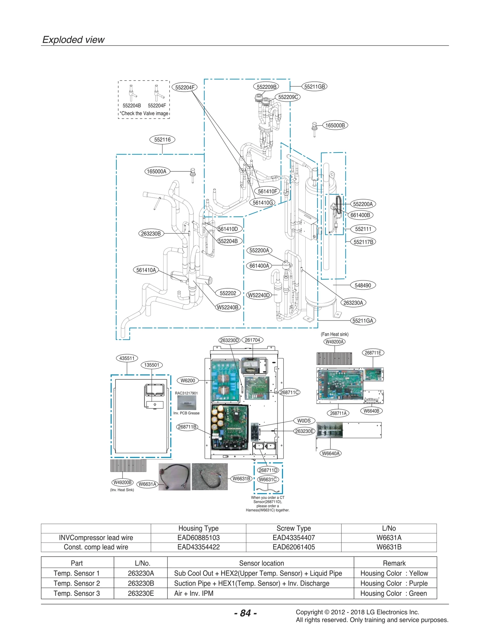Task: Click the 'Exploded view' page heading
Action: [x=73, y=40]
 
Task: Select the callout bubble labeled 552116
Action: [x=162, y=140]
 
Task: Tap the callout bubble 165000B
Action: [x=335, y=125]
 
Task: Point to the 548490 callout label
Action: [x=363, y=285]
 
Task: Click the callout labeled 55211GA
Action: [x=363, y=321]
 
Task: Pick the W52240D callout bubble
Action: [x=259, y=295]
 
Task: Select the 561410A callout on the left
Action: [x=146, y=270]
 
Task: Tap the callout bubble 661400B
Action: [x=360, y=215]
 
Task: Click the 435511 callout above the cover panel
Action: [x=127, y=358]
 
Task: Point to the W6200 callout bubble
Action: [x=188, y=381]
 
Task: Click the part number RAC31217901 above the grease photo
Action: [x=186, y=393]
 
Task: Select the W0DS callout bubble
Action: [x=304, y=421]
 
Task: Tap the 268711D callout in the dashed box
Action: [x=268, y=470]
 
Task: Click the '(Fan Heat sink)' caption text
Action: [x=334, y=334]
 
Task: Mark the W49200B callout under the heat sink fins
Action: [x=123, y=482]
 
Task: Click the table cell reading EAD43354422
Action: [x=198, y=547]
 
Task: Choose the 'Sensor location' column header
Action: [x=261, y=563]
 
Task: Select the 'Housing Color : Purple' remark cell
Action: [x=394, y=583]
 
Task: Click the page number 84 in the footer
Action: [x=245, y=613]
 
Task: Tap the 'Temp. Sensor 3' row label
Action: [x=77, y=593]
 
